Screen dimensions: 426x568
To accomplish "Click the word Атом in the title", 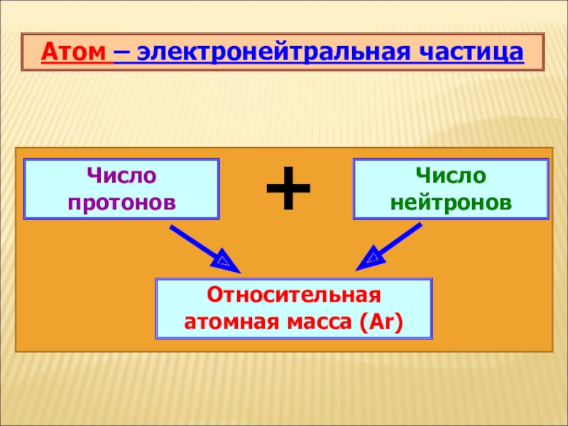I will pos(76,52).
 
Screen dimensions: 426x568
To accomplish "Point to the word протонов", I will pos(122,202).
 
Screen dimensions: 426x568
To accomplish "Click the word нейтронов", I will pos(451,202).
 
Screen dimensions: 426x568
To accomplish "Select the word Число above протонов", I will pos(122,175).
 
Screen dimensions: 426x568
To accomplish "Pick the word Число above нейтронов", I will pos(451,175).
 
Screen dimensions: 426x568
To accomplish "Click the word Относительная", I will pos(294,295).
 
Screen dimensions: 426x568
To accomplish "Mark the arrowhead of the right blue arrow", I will pos(367,261).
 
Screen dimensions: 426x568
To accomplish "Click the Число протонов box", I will pos(122,189).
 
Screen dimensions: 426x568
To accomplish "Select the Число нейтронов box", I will pos(451,189).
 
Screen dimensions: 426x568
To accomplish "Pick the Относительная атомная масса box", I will pos(294,309).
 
